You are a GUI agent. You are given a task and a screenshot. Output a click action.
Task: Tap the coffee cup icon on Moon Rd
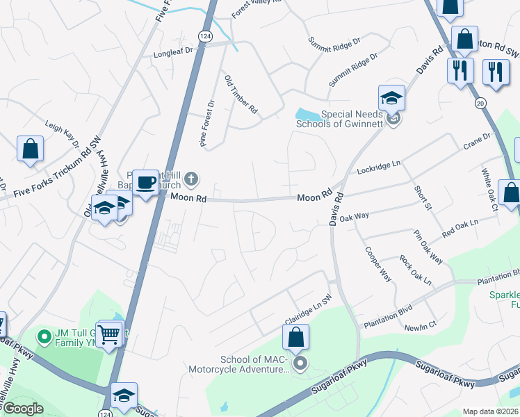coord(145,183)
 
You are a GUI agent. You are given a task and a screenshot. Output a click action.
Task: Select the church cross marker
coord(191,181)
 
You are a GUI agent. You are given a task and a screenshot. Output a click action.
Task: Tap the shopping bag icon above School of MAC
coord(295,338)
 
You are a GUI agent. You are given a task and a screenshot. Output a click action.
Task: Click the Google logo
coord(24,409)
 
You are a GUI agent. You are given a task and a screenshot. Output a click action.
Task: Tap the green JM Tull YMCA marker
coord(45,338)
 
